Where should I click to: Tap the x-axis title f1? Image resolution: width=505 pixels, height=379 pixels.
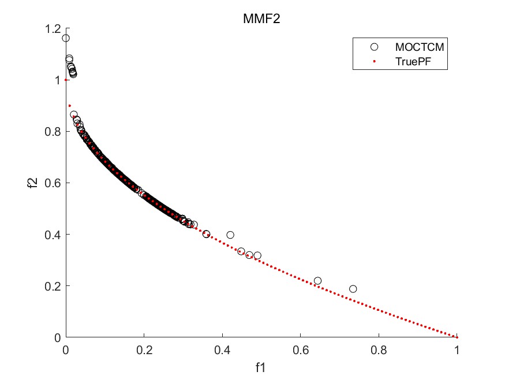click(x=261, y=367)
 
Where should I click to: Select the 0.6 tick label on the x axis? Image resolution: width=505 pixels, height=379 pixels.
click(x=300, y=349)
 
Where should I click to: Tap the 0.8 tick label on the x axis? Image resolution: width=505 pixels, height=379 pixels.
click(x=379, y=349)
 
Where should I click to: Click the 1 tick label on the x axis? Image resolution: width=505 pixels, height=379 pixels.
click(x=457, y=349)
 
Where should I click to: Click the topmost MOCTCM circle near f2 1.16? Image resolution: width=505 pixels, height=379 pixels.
click(x=66, y=38)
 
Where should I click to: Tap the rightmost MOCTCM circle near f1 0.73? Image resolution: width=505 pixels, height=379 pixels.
click(x=353, y=289)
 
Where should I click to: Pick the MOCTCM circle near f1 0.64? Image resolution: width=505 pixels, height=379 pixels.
click(x=317, y=281)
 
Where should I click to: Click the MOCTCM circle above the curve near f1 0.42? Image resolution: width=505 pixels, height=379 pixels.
click(x=230, y=235)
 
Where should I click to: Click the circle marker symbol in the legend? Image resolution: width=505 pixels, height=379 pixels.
click(x=374, y=46)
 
